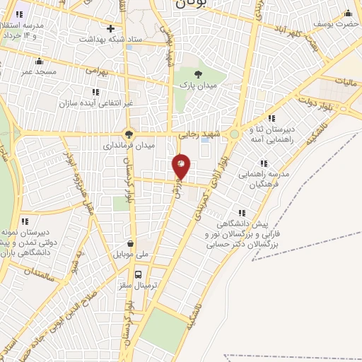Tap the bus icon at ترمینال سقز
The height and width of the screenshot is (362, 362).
(138, 274)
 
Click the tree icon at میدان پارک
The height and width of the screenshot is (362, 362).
(197, 73)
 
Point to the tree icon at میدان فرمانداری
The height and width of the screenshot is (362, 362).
(128, 132)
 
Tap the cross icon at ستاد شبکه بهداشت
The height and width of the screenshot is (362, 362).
(110, 28)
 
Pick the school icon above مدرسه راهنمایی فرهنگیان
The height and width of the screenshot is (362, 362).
(269, 161)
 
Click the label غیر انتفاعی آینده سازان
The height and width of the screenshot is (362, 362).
(95, 103)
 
